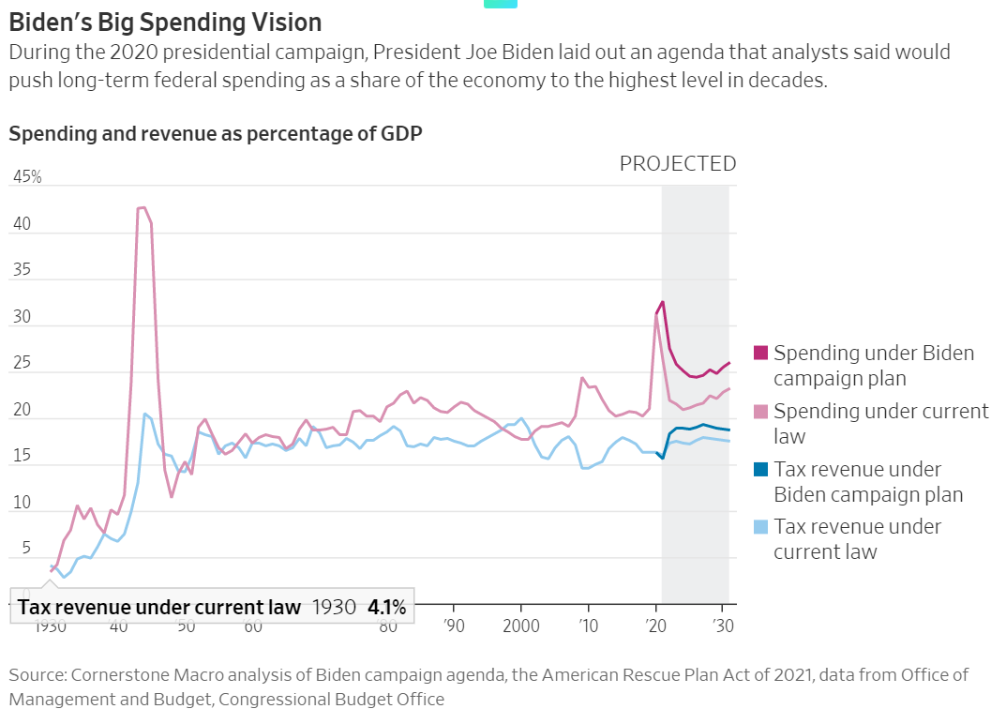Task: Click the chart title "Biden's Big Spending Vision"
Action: tap(165, 23)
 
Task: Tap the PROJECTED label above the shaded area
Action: tap(677, 164)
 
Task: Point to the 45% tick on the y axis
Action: tap(27, 177)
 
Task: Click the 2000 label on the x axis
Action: tap(520, 626)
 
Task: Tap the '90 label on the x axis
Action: tap(453, 626)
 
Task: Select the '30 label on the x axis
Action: tap(722, 626)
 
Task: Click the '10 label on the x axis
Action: tap(587, 626)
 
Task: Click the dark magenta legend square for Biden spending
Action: tap(760, 354)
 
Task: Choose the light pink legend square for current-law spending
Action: tap(760, 412)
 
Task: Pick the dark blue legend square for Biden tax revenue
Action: tap(760, 469)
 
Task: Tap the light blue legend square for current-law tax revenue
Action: tap(760, 527)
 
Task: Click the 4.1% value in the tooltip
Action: tap(386, 608)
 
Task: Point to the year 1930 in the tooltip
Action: tap(334, 608)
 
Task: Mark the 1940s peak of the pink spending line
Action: tap(141, 207)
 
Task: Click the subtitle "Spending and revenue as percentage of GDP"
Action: tap(216, 133)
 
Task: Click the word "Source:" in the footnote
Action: tap(38, 674)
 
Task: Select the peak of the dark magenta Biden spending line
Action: tap(663, 302)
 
